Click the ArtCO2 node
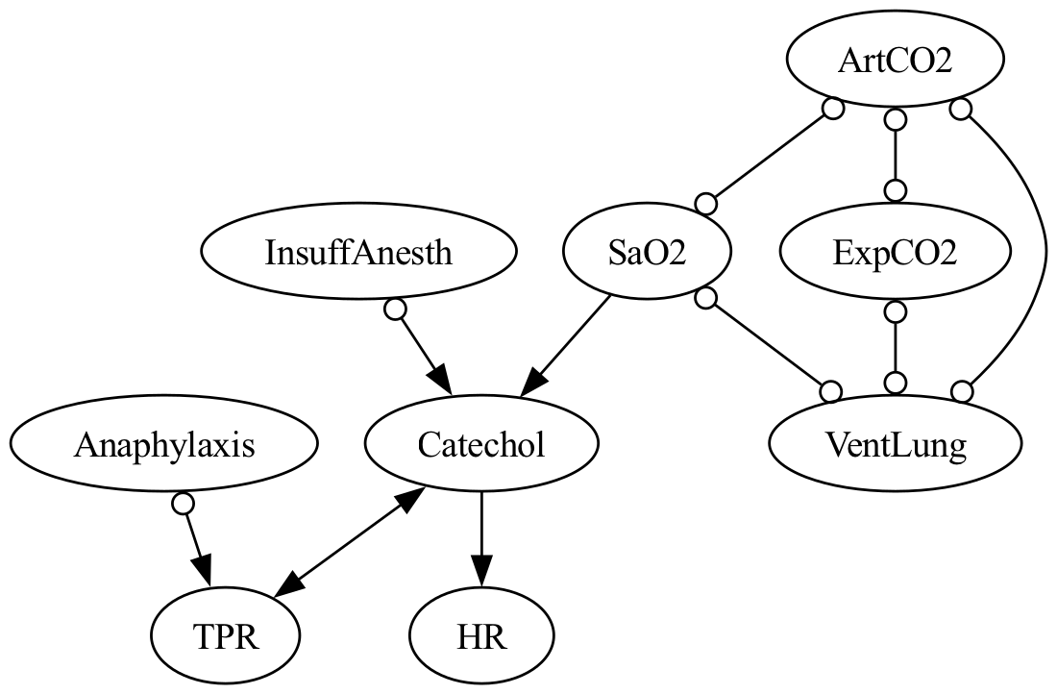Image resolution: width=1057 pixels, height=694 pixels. click(895, 60)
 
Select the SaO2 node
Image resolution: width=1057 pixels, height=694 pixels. click(645, 252)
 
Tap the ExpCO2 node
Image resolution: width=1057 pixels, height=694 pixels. click(895, 252)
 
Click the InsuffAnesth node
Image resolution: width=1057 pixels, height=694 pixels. click(358, 252)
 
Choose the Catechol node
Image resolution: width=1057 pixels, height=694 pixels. click(481, 444)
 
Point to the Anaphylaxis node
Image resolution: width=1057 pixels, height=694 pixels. click(163, 444)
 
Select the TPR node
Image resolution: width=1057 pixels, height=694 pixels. click(225, 636)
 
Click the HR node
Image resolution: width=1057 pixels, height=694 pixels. click(481, 636)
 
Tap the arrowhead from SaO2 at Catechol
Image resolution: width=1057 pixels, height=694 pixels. click(534, 382)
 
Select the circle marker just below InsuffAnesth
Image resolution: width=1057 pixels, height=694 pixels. click(393, 310)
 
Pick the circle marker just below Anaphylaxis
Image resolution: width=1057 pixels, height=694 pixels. click(182, 503)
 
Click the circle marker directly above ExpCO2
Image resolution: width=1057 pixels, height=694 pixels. click(895, 190)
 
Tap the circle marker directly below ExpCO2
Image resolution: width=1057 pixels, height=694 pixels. click(895, 311)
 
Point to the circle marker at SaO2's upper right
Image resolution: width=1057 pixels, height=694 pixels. click(706, 204)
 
